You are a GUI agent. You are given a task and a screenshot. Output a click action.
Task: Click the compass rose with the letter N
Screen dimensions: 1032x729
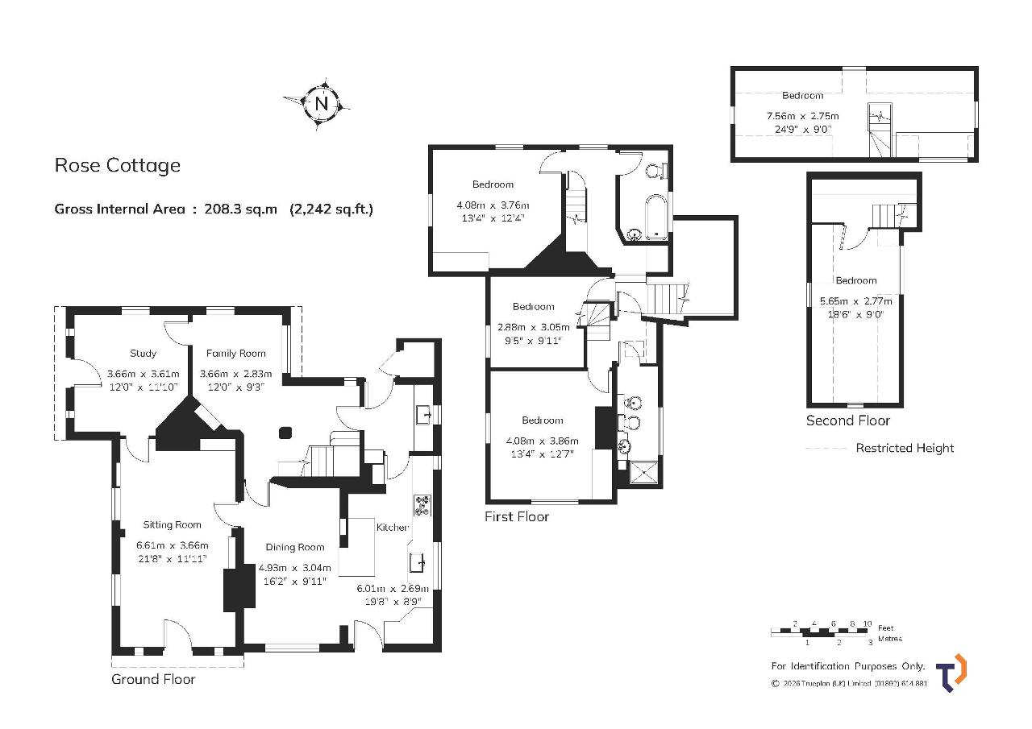pyautogui.click(x=321, y=104)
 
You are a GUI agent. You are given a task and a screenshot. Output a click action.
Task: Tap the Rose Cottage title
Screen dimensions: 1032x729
pyautogui.click(x=118, y=165)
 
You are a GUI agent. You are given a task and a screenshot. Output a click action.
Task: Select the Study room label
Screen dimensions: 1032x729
pyautogui.click(x=143, y=354)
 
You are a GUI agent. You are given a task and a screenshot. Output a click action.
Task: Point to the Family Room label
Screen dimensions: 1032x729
pyautogui.click(x=236, y=354)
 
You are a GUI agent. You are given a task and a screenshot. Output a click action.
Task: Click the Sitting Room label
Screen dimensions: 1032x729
pyautogui.click(x=172, y=524)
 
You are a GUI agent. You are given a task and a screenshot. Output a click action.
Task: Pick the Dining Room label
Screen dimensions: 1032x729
pyautogui.click(x=295, y=547)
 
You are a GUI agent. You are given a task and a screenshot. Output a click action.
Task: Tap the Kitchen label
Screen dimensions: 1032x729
pyautogui.click(x=393, y=528)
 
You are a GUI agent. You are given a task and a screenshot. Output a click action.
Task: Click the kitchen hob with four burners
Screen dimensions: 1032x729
pyautogui.click(x=422, y=505)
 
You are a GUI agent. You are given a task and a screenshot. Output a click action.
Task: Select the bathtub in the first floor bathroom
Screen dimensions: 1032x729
pyautogui.click(x=655, y=217)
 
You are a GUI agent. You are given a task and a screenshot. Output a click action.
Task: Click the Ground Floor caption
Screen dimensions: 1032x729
pyautogui.click(x=153, y=679)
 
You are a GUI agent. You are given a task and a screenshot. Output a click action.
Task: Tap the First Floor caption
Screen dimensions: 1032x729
pyautogui.click(x=517, y=516)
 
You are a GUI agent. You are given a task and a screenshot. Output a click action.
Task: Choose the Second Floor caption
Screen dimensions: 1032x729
pyautogui.click(x=847, y=420)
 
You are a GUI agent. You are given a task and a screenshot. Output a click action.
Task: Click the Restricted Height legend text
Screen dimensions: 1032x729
pyautogui.click(x=905, y=448)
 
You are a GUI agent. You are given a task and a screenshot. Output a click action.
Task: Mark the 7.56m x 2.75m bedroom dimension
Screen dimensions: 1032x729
pyautogui.click(x=802, y=116)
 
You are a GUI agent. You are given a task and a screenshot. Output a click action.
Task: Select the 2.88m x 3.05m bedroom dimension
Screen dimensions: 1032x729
pyautogui.click(x=534, y=327)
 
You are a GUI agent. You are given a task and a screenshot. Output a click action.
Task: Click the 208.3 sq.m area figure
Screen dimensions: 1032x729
pyautogui.click(x=241, y=209)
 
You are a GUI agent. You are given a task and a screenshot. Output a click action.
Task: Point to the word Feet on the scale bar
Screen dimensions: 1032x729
pyautogui.click(x=885, y=628)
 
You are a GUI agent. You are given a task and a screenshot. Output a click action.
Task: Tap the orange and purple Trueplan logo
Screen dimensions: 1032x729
pyautogui.click(x=952, y=673)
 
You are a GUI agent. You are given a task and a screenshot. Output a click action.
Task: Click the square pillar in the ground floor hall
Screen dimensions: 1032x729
pyautogui.click(x=285, y=433)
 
